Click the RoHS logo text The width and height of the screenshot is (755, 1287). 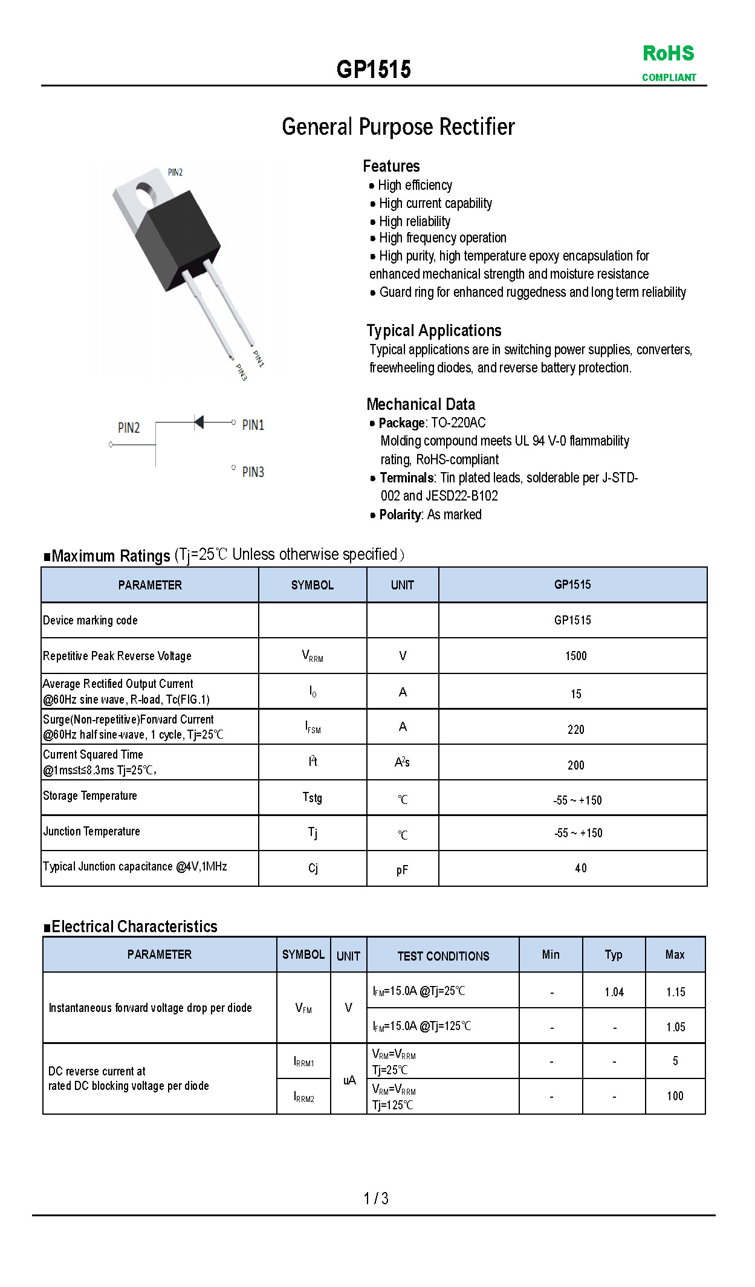[668, 53]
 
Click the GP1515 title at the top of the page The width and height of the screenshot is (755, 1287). [374, 70]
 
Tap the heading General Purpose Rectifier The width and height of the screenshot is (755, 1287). [398, 127]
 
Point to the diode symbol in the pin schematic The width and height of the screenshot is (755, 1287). [198, 422]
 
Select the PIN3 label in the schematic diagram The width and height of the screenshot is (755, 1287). [253, 472]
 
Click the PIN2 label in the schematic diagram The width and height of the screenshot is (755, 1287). [128, 428]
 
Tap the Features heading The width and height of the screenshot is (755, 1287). [391, 166]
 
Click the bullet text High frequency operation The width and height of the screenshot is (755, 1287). [442, 238]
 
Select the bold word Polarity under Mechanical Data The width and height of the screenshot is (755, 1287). [400, 514]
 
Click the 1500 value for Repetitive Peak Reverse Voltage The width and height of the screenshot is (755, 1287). [575, 656]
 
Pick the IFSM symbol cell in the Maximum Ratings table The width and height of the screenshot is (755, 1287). [313, 727]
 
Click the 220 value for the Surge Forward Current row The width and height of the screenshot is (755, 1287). [575, 730]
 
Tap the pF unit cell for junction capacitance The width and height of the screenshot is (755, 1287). [402, 870]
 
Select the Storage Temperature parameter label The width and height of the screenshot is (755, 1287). [90, 796]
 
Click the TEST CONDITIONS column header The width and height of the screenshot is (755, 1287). [443, 956]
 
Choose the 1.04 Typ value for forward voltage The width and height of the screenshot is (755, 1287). [614, 992]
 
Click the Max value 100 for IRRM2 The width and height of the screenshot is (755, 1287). [675, 1096]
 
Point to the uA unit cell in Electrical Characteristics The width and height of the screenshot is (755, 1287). [349, 1080]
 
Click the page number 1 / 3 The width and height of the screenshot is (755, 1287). [376, 1198]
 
